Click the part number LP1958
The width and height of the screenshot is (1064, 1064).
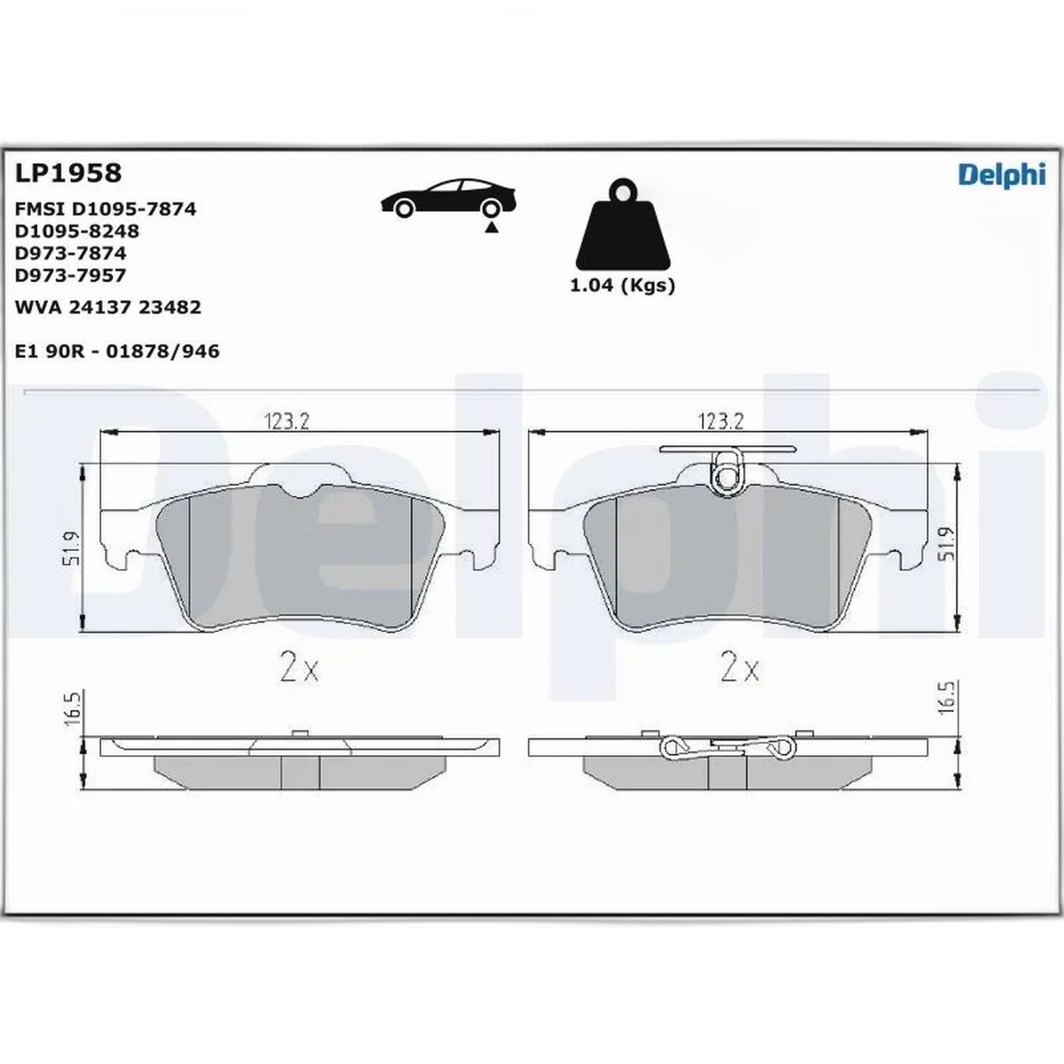(68, 172)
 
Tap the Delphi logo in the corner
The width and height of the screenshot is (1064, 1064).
(1002, 174)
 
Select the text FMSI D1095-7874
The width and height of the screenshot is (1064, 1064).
(105, 209)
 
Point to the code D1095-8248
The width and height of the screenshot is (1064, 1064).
(77, 231)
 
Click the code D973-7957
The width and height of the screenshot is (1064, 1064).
(70, 275)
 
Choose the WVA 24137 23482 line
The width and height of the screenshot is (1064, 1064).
(108, 306)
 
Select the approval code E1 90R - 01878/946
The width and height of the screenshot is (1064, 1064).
(117, 350)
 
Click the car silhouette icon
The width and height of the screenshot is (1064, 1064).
(448, 198)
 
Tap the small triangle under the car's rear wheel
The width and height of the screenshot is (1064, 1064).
(491, 227)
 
